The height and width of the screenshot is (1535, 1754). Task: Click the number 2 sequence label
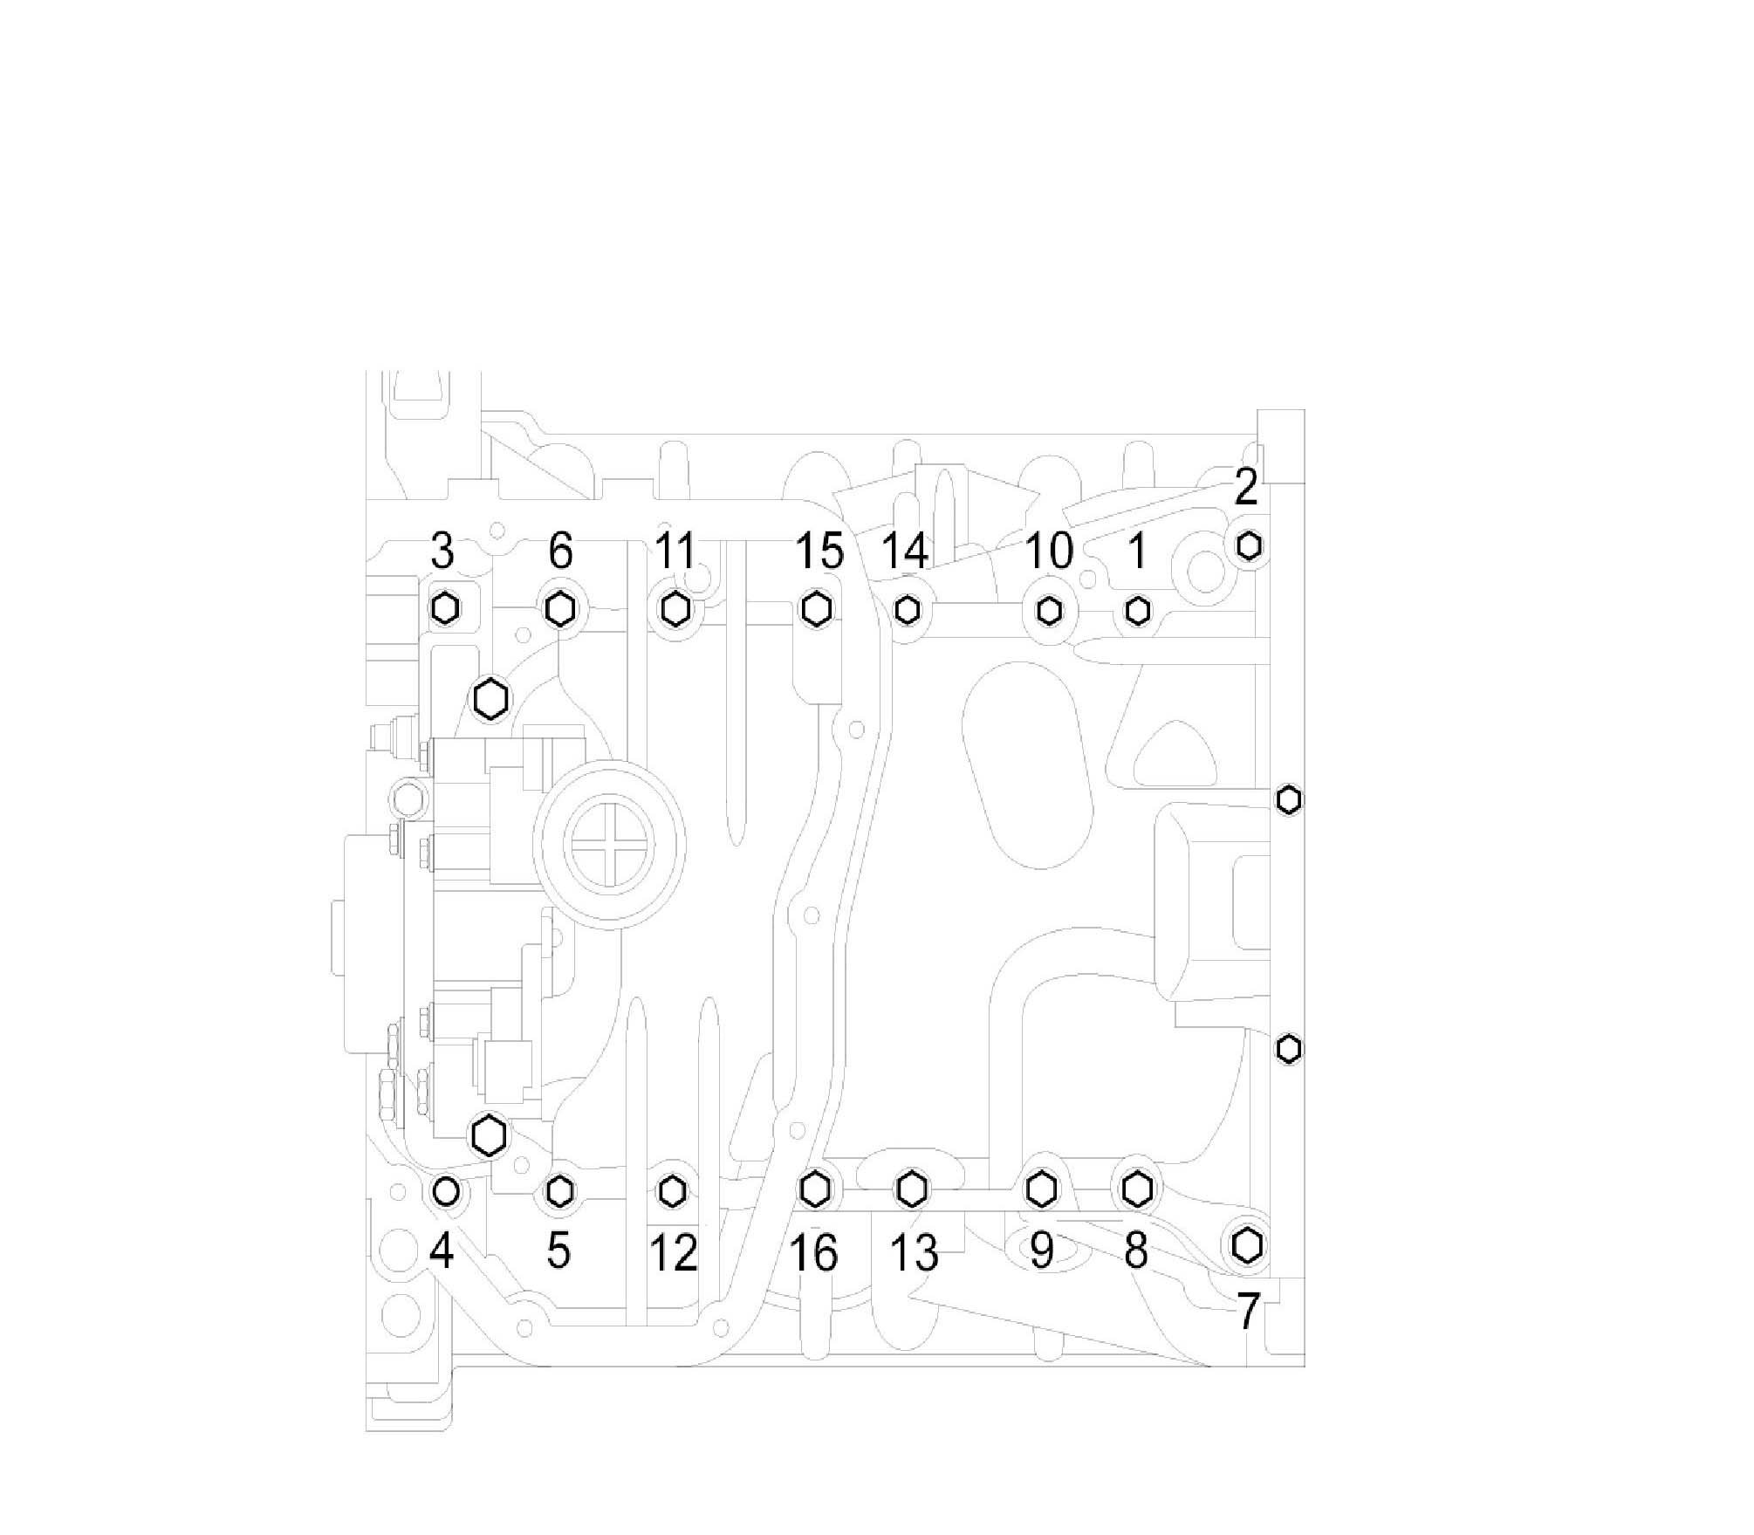tap(1246, 488)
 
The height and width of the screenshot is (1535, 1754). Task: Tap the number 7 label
tap(1249, 1311)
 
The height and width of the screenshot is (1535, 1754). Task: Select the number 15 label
tap(819, 552)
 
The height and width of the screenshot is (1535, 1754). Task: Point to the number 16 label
tap(813, 1253)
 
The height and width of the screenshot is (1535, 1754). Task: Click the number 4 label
tap(442, 1251)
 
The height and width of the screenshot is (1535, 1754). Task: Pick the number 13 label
tap(914, 1253)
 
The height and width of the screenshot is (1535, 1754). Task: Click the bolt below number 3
tap(445, 607)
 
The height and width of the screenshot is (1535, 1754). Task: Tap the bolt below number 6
tap(560, 608)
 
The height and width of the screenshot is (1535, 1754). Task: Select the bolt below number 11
tap(674, 608)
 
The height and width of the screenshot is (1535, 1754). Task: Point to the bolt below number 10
tap(1049, 610)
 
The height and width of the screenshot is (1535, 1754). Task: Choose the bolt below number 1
tap(1137, 610)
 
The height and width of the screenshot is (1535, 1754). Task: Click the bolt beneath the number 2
tap(1249, 545)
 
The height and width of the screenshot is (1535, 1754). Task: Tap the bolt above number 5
tap(559, 1189)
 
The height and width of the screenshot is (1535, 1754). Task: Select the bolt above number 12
tap(671, 1189)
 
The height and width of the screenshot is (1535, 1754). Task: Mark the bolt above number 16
tap(814, 1188)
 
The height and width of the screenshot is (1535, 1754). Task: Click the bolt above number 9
tap(1040, 1188)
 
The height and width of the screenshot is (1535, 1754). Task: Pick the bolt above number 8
tap(1135, 1188)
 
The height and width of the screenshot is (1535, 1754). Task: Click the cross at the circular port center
tap(609, 844)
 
